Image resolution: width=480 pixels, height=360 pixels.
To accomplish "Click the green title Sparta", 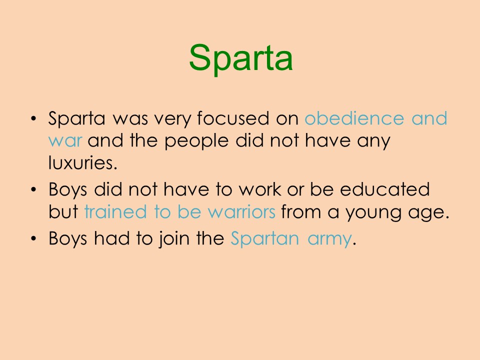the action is point(241,58).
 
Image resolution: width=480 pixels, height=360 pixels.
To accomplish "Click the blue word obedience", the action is point(354,118).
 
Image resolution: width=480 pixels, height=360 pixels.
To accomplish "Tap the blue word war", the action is point(65,141).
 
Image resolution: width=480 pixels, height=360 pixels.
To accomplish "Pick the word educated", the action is point(385,189).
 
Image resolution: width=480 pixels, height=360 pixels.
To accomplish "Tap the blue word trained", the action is point(115,211).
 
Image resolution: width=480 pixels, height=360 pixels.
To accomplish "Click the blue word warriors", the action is point(241,212).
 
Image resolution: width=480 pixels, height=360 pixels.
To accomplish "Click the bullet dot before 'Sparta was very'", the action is point(33,118).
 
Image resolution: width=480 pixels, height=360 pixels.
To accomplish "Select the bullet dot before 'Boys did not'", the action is point(33,189).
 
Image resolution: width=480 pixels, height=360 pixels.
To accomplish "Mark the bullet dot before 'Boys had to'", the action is point(33,238).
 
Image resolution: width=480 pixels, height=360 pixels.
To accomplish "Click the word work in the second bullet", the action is point(259,189).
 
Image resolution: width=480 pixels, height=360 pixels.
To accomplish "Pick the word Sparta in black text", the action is point(77,119).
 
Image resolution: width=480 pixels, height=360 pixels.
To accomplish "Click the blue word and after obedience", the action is point(429,118).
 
